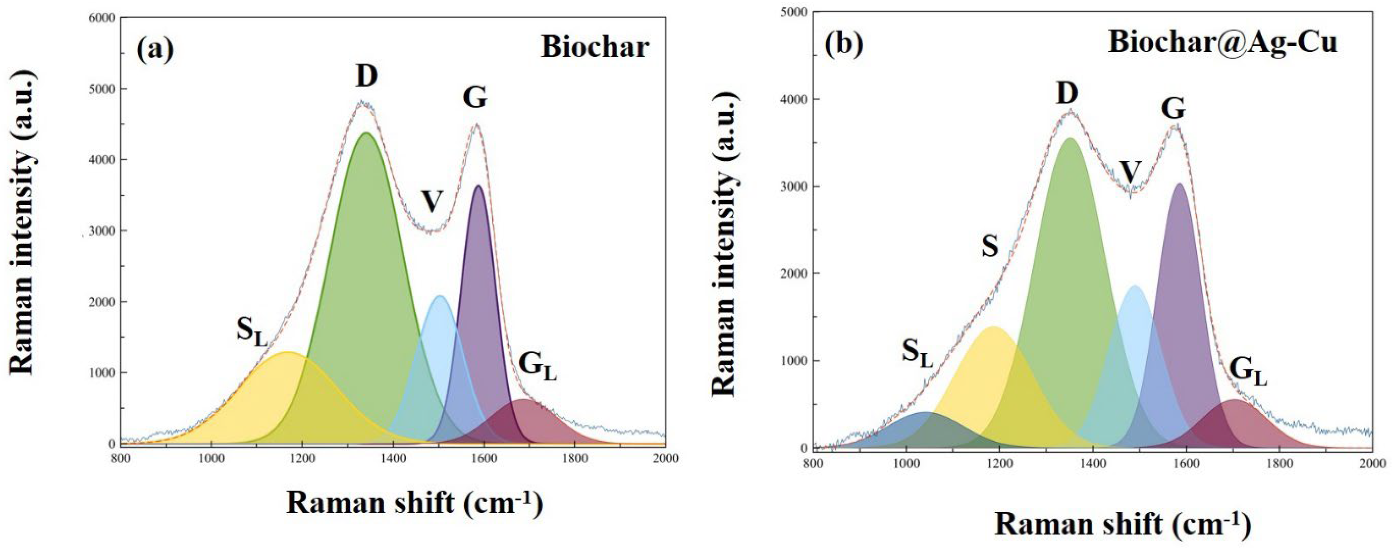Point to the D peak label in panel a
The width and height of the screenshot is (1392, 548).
pyautogui.click(x=367, y=76)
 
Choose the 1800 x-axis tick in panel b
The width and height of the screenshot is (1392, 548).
pyautogui.click(x=1279, y=463)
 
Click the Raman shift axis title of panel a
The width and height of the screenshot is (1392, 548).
pyautogui.click(x=414, y=504)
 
